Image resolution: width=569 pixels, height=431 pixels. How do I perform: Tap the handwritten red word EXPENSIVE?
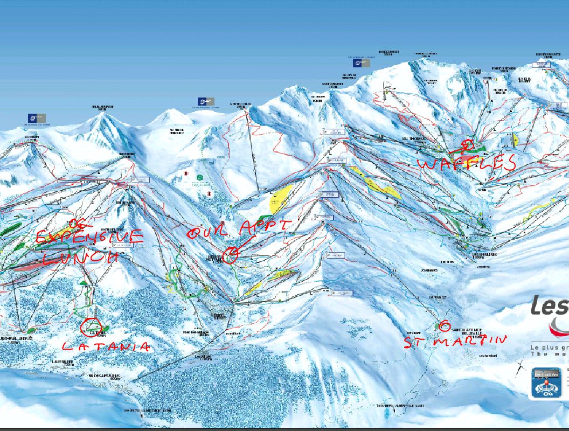click(x=89, y=237)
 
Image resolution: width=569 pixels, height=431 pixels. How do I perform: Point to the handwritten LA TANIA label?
click(x=105, y=346)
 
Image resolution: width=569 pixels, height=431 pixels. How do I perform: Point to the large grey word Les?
click(x=550, y=305)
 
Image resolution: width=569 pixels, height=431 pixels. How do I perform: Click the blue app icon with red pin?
click(x=546, y=383)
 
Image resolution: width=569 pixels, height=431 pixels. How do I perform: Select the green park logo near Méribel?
click(x=200, y=177)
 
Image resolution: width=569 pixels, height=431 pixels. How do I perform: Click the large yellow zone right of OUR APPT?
click(x=280, y=198)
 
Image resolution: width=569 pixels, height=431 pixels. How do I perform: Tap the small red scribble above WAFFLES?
click(x=467, y=144)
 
